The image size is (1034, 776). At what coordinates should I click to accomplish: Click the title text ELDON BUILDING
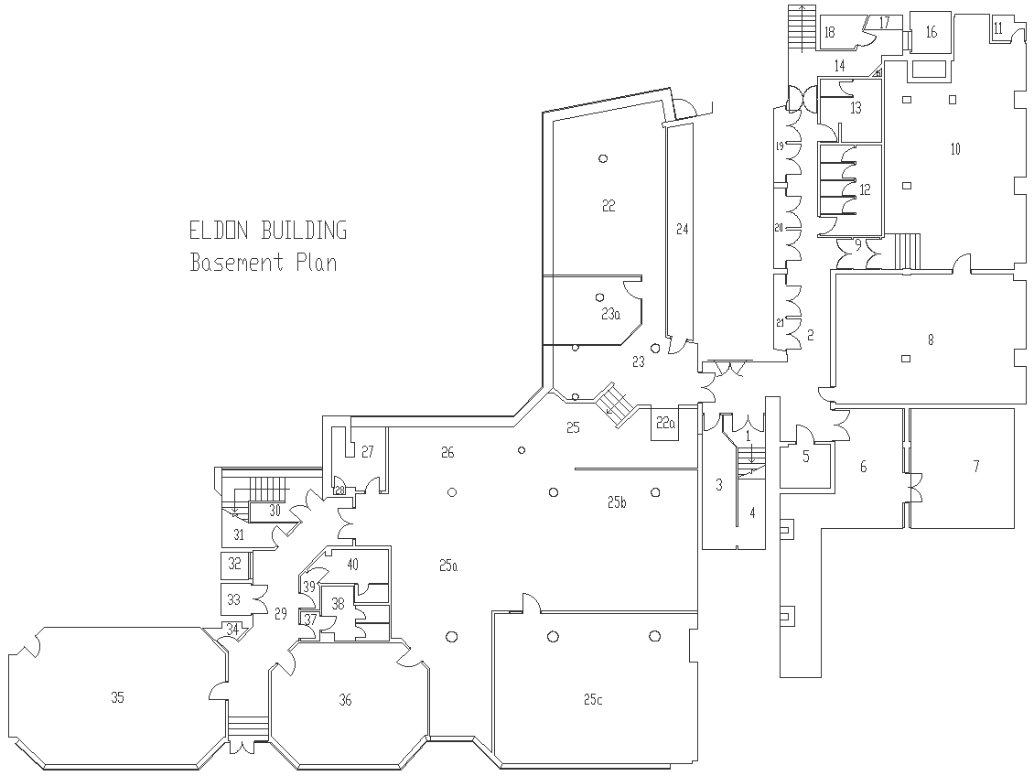tap(268, 231)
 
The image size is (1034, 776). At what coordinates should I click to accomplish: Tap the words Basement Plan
tap(264, 263)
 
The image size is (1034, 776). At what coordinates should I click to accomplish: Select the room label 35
tap(117, 697)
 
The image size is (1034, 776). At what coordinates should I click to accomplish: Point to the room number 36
tap(345, 699)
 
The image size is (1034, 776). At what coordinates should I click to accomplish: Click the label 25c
tap(592, 699)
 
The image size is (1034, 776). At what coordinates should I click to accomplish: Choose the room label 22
tap(608, 206)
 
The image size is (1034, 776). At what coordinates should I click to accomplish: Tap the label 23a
tap(610, 314)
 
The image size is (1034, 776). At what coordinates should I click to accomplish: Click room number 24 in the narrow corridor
tap(682, 229)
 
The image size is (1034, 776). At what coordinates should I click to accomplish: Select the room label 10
tap(955, 149)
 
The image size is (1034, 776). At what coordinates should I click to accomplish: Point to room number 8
tap(931, 339)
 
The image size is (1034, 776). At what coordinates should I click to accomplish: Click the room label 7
tap(976, 466)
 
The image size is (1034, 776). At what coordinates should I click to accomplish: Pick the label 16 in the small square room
tap(932, 31)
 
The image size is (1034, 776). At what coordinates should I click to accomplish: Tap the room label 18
tap(830, 31)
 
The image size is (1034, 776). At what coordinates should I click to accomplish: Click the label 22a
tap(665, 424)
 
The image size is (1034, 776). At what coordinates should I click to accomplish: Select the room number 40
tap(352, 565)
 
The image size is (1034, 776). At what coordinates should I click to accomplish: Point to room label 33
tap(233, 599)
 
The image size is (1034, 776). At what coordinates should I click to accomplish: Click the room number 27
tap(367, 452)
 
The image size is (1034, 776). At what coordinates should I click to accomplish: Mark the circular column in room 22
tap(603, 158)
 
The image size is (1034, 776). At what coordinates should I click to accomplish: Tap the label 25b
tap(617, 501)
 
